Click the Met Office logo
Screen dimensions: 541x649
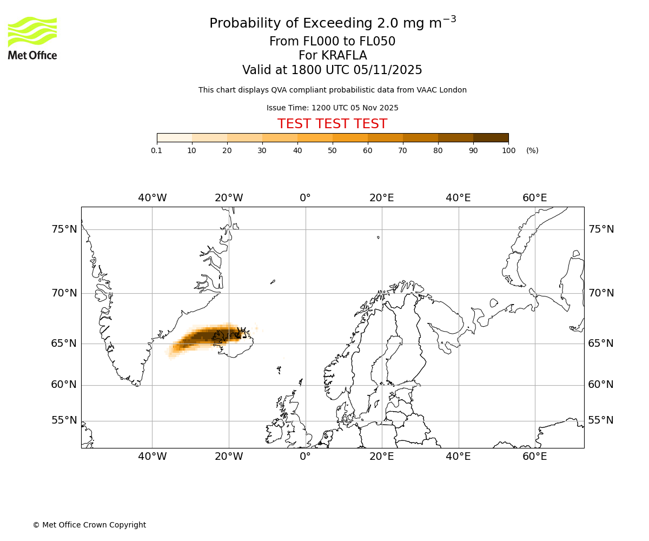point(32,38)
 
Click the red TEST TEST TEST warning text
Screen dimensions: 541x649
point(332,124)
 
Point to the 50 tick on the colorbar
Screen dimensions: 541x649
point(332,150)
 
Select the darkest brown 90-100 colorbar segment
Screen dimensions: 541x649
point(491,137)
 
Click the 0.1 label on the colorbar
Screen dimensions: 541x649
point(157,150)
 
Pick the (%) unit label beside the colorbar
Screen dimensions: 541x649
point(532,150)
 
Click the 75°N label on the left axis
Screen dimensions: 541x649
point(64,229)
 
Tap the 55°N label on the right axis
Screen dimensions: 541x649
point(601,420)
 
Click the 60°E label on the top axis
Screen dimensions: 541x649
point(534,198)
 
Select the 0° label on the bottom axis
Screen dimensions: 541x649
point(305,457)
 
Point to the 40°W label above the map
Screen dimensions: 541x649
point(152,198)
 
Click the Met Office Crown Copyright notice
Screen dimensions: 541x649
point(89,525)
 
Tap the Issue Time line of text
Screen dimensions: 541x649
point(332,108)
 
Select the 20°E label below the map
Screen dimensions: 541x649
point(381,457)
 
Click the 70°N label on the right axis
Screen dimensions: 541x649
point(601,293)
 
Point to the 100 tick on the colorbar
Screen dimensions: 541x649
point(508,150)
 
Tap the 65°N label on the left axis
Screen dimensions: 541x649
point(64,344)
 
